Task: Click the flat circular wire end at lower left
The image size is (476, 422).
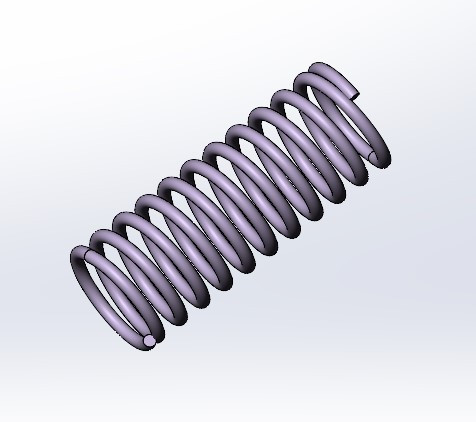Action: click(149, 341)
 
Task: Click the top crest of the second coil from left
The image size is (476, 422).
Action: click(103, 236)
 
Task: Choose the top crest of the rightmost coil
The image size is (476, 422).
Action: click(322, 69)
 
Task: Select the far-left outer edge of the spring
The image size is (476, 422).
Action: click(72, 262)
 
